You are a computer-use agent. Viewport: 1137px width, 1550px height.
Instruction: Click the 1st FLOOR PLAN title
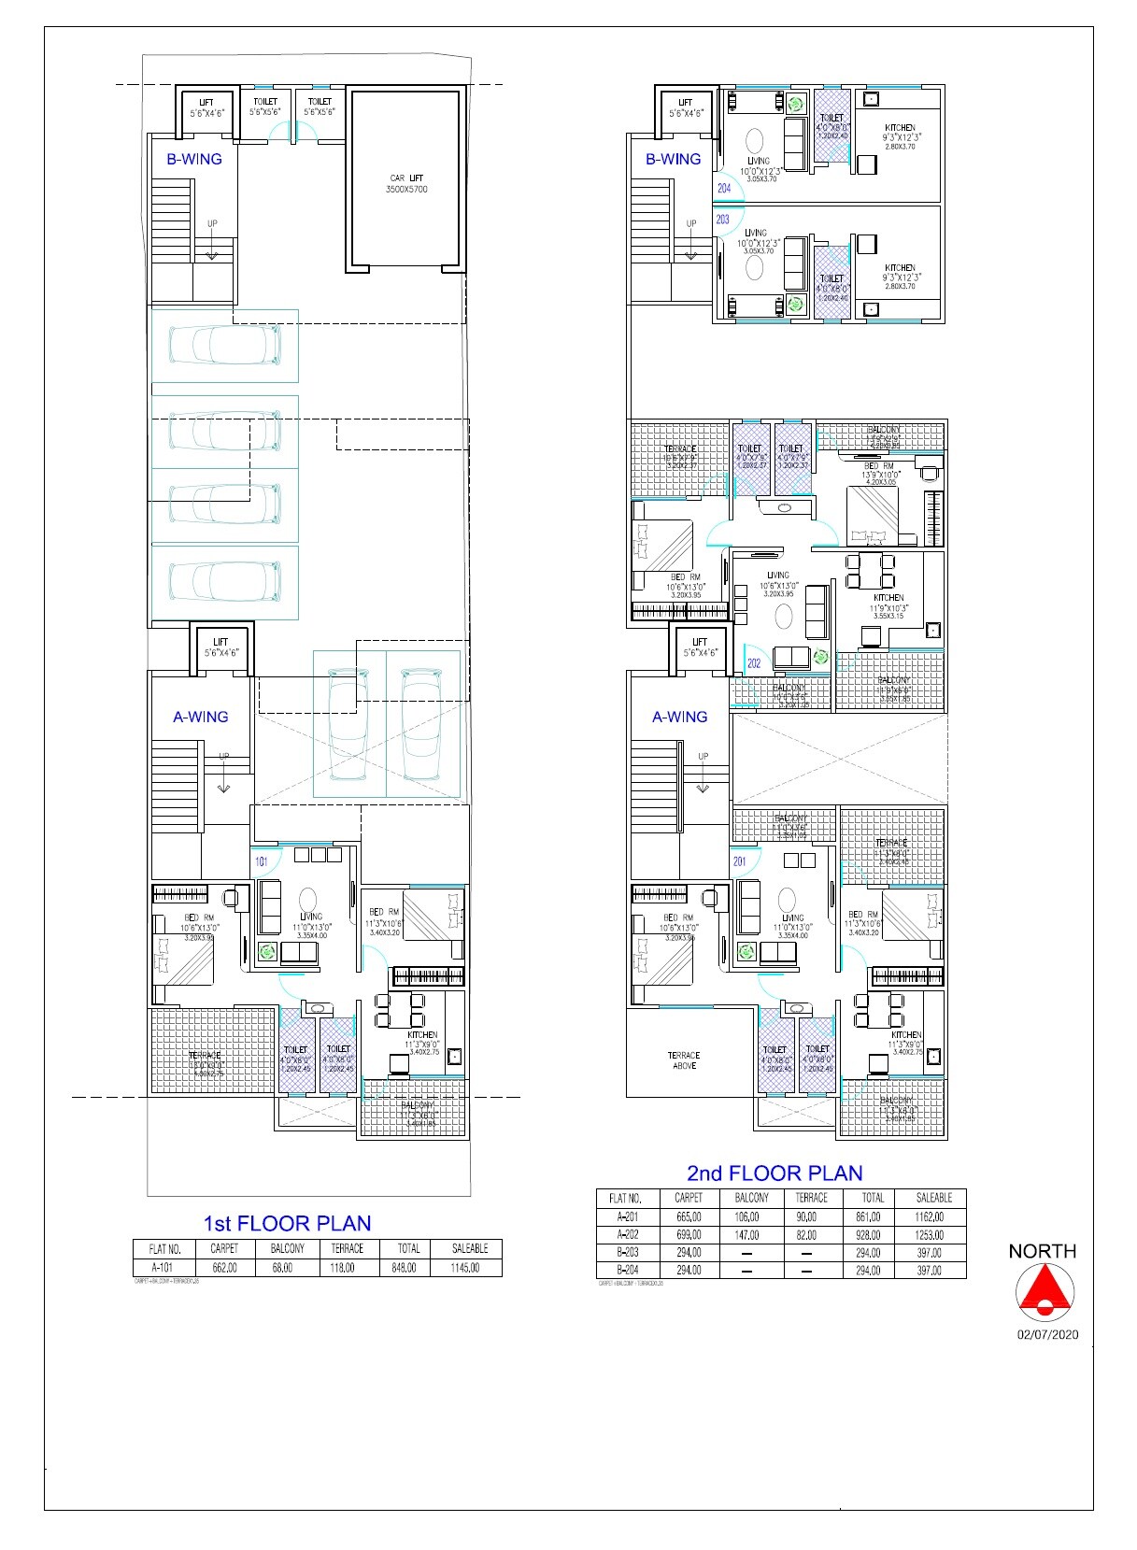pyautogui.click(x=287, y=1223)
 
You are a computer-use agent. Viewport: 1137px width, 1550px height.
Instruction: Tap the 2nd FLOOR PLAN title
pyautogui.click(x=775, y=1173)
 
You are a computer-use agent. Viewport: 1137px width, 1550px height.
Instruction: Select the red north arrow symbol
pyautogui.click(x=1044, y=1291)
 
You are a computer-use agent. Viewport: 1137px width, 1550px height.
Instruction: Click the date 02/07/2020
pyautogui.click(x=1047, y=1334)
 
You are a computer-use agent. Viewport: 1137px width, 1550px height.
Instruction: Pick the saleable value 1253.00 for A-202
pyautogui.click(x=930, y=1235)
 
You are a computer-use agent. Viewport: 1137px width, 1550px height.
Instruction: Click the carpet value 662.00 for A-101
pyautogui.click(x=224, y=1268)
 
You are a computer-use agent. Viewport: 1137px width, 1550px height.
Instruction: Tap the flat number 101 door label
pyautogui.click(x=262, y=861)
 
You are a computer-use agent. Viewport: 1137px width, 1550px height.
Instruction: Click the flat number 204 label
pyautogui.click(x=724, y=188)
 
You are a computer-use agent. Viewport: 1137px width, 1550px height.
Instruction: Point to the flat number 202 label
pyautogui.click(x=754, y=663)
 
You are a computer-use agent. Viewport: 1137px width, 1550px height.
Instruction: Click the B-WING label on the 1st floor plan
pyautogui.click(x=194, y=159)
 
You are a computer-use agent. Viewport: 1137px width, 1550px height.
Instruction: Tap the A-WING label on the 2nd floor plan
pyautogui.click(x=679, y=717)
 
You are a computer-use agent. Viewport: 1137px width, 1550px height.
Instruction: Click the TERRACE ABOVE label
pyautogui.click(x=684, y=1059)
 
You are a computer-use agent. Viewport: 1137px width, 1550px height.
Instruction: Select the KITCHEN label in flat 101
pyautogui.click(x=422, y=1034)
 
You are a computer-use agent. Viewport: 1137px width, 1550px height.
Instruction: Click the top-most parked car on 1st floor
pyautogui.click(x=224, y=346)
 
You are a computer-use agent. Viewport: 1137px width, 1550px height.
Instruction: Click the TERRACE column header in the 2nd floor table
pyautogui.click(x=811, y=1197)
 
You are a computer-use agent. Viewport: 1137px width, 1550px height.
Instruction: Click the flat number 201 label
pyautogui.click(x=739, y=861)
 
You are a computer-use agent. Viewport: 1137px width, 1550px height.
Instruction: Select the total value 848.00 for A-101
pyautogui.click(x=408, y=1268)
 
